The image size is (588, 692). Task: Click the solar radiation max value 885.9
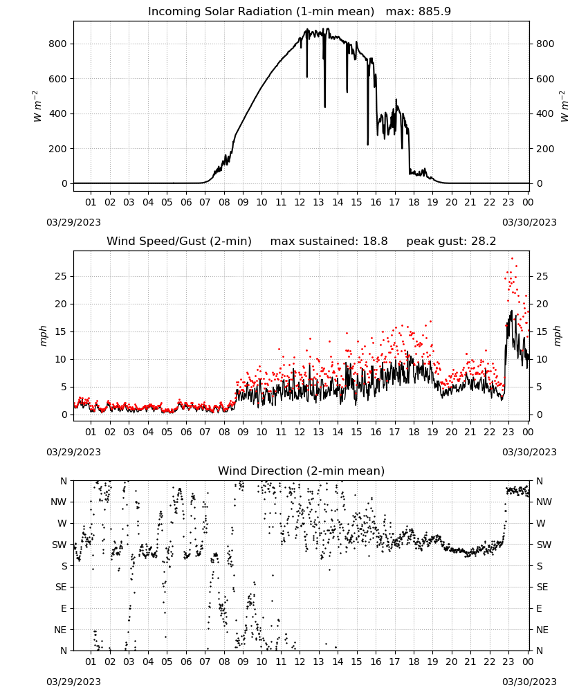click(x=434, y=12)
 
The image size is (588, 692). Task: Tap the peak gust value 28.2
click(x=484, y=242)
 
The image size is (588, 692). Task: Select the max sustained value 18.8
click(x=376, y=242)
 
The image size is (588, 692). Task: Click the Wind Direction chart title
click(x=302, y=471)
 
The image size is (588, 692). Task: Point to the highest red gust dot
click(x=512, y=258)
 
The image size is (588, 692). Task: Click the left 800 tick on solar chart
click(x=58, y=44)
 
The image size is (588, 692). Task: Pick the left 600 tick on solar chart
click(x=58, y=79)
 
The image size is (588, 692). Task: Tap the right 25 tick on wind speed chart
click(x=542, y=276)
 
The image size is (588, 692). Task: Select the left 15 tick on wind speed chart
click(x=61, y=331)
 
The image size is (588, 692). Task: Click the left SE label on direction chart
click(x=61, y=587)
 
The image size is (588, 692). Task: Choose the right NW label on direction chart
click(x=544, y=502)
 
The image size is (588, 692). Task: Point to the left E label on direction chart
click(x=64, y=608)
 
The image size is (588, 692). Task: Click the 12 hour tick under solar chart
click(x=300, y=202)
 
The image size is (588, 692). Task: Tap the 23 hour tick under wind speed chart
click(x=508, y=432)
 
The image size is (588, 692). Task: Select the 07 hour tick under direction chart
click(x=205, y=662)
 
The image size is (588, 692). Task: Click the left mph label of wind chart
click(x=43, y=336)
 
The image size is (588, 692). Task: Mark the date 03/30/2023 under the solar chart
click(x=529, y=222)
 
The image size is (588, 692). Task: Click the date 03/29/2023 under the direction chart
click(x=73, y=682)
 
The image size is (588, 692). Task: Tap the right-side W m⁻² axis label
click(x=564, y=106)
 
